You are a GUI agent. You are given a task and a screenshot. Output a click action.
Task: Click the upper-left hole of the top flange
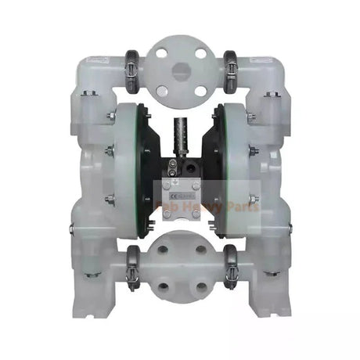click(x=162, y=52)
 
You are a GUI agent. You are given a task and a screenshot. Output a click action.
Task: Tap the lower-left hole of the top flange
click(x=162, y=85)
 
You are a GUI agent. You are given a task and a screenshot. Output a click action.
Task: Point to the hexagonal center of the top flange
click(x=181, y=69)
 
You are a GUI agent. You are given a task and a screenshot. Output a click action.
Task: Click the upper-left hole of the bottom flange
click(x=163, y=250)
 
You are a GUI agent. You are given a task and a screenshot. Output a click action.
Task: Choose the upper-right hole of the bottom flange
click(x=200, y=250)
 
